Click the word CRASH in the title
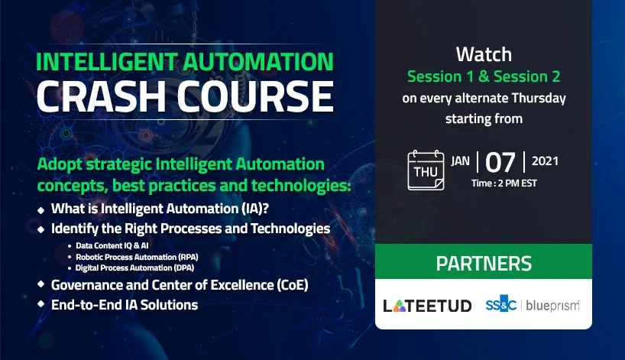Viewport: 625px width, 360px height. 101,96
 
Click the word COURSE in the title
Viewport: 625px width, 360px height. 255,96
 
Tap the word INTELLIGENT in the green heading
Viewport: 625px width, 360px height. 106,62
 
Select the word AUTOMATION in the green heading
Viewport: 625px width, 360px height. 258,62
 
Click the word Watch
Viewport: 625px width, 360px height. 484,54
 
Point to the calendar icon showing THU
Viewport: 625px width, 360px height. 426,170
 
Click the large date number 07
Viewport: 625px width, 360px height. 500,162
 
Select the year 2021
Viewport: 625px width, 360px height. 545,161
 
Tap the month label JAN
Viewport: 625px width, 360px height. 461,161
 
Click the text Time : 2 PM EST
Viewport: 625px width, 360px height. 504,183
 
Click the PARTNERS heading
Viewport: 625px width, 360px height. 484,264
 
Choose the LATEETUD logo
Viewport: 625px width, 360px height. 427,306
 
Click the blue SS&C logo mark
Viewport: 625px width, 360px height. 501,304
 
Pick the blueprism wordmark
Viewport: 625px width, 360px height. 553,306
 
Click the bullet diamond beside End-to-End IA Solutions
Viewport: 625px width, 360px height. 40,303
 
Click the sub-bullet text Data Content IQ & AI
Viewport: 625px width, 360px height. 112,245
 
